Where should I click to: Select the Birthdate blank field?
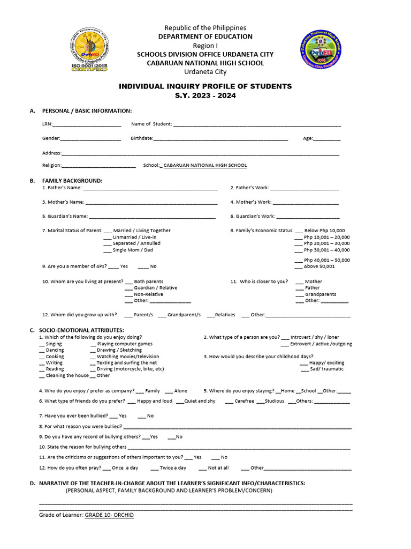(x=220, y=139)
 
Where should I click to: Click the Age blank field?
(x=326, y=139)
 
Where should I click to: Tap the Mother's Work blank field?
(x=306, y=203)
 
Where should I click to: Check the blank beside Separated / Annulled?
(x=107, y=243)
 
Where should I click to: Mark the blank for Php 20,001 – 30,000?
(x=299, y=243)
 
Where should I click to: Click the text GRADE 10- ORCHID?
(x=109, y=515)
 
